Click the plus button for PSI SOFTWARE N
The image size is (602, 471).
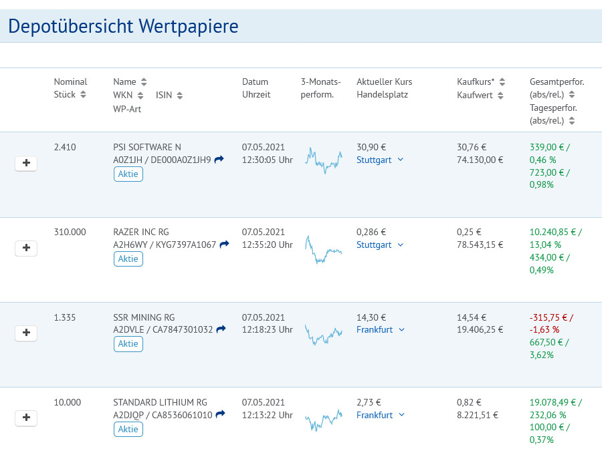26,163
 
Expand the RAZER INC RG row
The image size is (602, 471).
26,248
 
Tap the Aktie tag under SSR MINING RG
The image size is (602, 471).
128,344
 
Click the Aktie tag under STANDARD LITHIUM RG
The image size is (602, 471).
128,429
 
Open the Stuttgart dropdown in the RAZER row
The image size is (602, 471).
380,245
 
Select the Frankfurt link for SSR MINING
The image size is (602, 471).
375,330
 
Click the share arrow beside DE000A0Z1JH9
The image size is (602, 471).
219,160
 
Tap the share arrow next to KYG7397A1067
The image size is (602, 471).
224,245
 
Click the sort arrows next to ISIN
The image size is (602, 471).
179,95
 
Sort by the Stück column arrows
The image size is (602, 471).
83,94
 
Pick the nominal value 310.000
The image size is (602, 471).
70,232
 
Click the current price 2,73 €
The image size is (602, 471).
369,402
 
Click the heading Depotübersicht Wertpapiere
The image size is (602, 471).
123,26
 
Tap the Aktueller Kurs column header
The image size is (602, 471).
384,82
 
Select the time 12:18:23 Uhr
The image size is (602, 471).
267,330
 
